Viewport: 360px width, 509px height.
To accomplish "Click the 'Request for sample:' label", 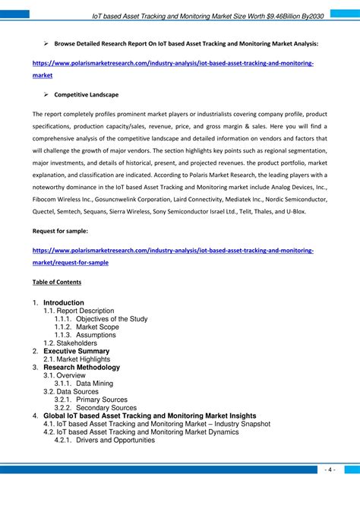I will [x=60, y=230].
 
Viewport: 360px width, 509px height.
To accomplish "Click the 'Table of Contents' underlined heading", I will [x=57, y=282].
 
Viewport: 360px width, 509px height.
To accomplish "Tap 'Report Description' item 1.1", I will [x=86, y=311].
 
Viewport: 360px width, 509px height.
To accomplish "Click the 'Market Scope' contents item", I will [x=97, y=327].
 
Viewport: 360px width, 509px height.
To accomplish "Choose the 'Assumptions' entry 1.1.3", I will [x=96, y=335].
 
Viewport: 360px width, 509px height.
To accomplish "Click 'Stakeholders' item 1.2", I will [x=76, y=343].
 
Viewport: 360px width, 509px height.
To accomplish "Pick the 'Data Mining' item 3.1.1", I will [x=94, y=383].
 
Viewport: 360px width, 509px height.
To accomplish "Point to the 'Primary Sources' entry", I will [x=102, y=400].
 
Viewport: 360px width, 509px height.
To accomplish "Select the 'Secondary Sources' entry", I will [x=106, y=407].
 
